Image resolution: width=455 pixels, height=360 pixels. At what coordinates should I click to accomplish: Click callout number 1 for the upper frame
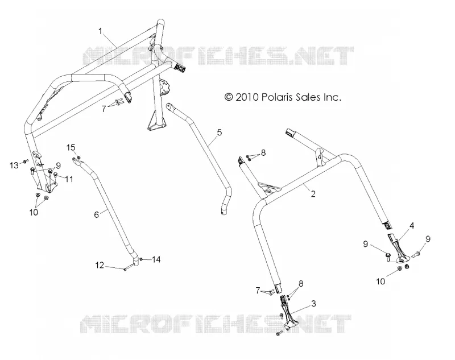point(101,31)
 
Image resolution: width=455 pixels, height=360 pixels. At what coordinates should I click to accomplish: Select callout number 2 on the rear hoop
point(313,193)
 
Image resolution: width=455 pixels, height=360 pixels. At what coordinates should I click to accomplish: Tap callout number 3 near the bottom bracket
point(313,304)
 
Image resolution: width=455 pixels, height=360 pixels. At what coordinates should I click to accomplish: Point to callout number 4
point(411,225)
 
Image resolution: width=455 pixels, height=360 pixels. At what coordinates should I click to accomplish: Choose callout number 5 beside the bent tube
point(220,133)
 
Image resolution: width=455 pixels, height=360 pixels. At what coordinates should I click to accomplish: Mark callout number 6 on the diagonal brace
point(97,214)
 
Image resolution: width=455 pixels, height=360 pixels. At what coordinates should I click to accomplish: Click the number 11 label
point(69,179)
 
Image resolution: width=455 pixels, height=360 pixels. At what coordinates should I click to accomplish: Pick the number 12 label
point(100,265)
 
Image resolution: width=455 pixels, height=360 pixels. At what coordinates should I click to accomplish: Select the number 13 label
point(14,165)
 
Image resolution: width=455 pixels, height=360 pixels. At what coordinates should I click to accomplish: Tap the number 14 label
point(156,259)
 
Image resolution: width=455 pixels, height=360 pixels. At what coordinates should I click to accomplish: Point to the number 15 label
point(71,147)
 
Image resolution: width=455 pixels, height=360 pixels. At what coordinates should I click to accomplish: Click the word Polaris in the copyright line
point(275,97)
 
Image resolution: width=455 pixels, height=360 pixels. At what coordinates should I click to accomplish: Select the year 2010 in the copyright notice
point(247,97)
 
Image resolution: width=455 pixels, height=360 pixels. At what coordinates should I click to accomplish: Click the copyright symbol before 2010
point(229,97)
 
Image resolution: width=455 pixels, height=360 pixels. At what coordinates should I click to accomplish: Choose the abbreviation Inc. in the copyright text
point(332,97)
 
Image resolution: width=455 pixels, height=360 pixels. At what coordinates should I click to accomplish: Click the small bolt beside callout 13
point(26,161)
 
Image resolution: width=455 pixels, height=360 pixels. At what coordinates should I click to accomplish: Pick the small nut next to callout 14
point(141,259)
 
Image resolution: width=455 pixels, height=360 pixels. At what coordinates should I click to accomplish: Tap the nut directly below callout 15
point(78,157)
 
